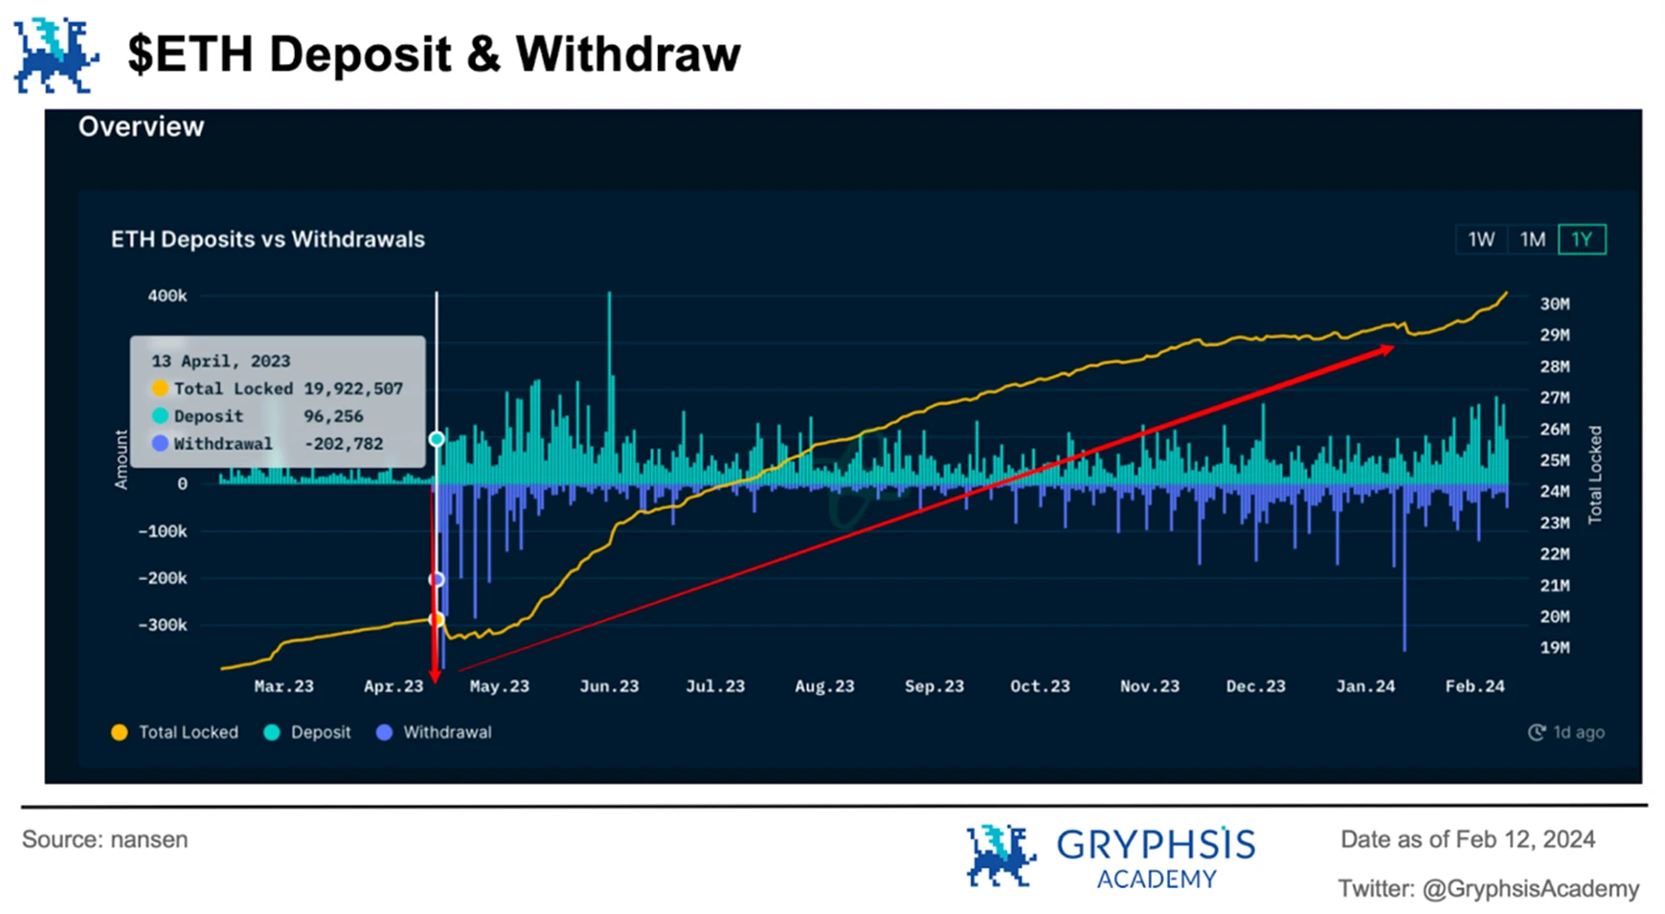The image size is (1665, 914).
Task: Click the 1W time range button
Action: tap(1480, 239)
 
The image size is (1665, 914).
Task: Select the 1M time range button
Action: tap(1532, 239)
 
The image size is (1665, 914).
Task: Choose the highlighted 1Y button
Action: tap(1582, 239)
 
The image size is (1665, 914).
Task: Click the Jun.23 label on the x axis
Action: tap(609, 686)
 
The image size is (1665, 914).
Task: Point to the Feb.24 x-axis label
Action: tap(1474, 686)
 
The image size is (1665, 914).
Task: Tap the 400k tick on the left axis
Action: tap(168, 297)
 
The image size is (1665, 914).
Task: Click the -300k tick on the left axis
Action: tap(163, 625)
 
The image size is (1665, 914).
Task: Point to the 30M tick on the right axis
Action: tap(1554, 304)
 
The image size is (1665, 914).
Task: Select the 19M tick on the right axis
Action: tap(1554, 648)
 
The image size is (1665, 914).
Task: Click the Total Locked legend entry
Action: tap(188, 732)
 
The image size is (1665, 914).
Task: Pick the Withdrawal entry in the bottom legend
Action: tap(446, 732)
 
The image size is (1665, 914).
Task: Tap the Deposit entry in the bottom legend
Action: tap(320, 732)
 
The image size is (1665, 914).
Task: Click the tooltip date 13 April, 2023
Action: tap(220, 361)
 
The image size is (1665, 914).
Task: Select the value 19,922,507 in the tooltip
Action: tap(353, 389)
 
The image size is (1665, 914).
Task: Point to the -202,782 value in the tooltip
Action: tap(344, 444)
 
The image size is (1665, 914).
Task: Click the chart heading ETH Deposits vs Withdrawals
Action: tap(268, 239)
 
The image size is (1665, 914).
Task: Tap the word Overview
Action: tap(142, 127)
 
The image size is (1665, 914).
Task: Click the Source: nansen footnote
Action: tap(105, 839)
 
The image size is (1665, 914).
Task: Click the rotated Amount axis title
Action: tap(122, 459)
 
